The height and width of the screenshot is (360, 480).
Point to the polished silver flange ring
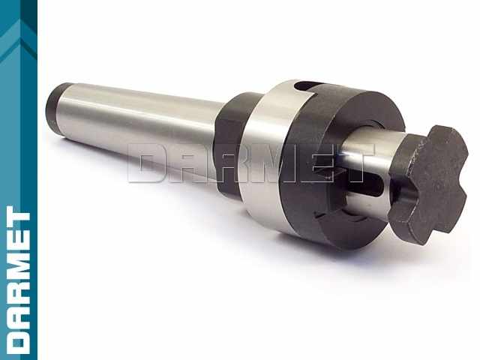pyautogui.click(x=269, y=153)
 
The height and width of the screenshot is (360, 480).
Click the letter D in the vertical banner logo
pyautogui.click(x=18, y=338)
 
